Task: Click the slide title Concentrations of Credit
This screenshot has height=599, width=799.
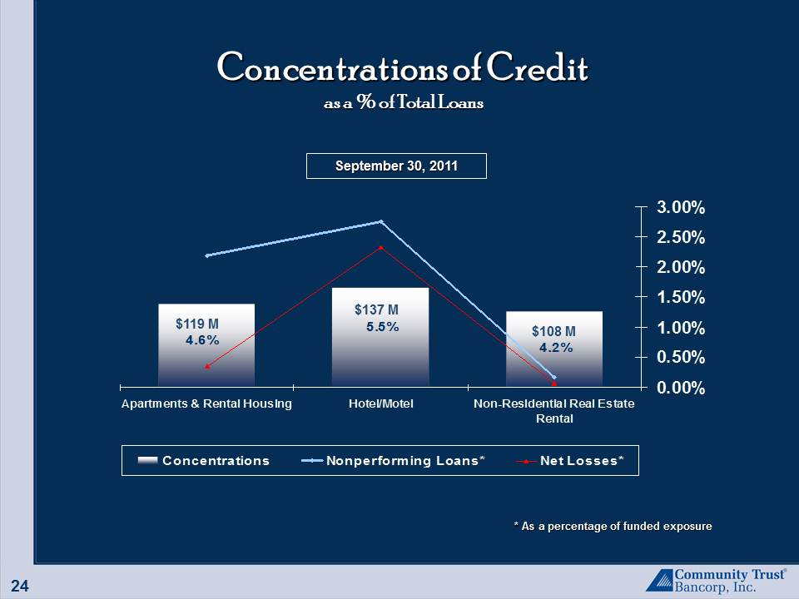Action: coord(403,67)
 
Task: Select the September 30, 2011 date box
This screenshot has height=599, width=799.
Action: coord(396,166)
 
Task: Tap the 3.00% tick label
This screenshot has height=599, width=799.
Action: coord(680,207)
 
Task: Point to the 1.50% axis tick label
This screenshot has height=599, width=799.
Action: coord(680,297)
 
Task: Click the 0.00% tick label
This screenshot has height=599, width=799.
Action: coord(680,388)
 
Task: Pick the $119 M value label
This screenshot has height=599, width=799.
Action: coord(197,324)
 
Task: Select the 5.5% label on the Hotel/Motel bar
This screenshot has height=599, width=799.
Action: coord(383,327)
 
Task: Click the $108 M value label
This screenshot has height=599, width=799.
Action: coord(554,332)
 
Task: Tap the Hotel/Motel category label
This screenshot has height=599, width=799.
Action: coord(380,404)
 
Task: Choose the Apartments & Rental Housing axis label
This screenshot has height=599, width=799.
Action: coord(206,404)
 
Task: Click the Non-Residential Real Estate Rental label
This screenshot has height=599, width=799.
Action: coord(554,411)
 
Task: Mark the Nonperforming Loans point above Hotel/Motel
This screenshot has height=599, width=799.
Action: coord(381,221)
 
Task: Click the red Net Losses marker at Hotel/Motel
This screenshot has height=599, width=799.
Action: coord(381,248)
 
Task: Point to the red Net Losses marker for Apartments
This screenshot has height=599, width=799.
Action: coord(207,366)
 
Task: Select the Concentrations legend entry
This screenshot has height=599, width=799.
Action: coord(203,461)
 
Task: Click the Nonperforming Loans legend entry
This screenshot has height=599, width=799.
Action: coord(393,461)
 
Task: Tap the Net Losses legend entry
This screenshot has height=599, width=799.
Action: coord(570,461)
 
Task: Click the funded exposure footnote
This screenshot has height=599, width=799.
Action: coord(613,526)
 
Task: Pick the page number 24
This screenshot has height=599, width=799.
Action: coord(20,586)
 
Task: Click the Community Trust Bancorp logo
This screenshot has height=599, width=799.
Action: coord(716,581)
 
